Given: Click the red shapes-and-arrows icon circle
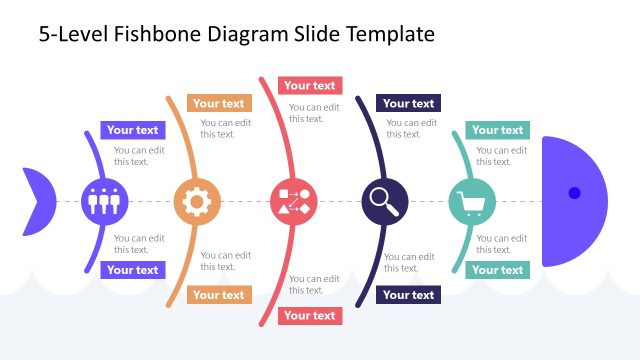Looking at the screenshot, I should tap(293, 201).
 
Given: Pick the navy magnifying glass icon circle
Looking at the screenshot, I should tap(384, 201).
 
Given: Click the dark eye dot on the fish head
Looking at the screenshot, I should tap(574, 192).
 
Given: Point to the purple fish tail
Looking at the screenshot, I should tap(37, 201).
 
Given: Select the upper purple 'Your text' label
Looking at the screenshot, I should tap(132, 130).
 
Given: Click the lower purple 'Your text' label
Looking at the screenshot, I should tap(132, 270).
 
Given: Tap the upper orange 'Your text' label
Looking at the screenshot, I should tap(218, 103).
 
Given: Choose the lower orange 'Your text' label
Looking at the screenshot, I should tap(218, 295).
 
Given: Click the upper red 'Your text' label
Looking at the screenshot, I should tap(310, 86).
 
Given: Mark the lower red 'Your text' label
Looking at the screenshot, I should tap(310, 316).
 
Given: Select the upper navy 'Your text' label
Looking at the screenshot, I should tap(408, 103).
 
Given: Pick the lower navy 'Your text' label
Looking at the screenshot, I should tap(408, 295).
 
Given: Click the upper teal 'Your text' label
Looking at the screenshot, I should tap(497, 130).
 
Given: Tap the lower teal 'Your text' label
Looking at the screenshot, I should tap(497, 270).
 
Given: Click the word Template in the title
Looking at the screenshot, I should tap(390, 34).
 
